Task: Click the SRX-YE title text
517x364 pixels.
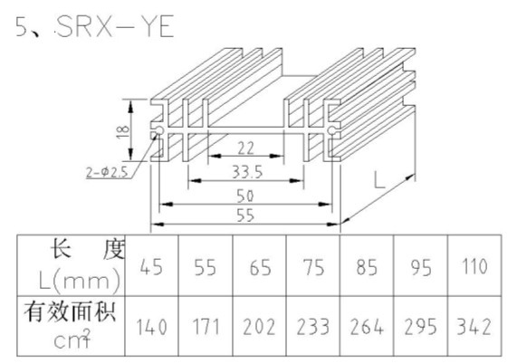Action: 115,26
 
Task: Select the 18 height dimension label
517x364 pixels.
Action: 123,131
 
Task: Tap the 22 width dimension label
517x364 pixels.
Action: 246,148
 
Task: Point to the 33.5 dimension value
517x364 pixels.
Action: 247,172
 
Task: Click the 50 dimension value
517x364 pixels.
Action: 245,196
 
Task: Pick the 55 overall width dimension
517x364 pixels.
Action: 245,216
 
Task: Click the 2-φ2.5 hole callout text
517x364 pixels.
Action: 107,172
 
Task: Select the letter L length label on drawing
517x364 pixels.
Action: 379,180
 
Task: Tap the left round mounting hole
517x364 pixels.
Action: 159,130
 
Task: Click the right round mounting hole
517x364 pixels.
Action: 331,130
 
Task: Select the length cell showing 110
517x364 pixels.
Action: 474,266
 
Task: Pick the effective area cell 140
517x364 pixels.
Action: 152,327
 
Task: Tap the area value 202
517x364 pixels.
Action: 259,327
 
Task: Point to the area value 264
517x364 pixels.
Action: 367,327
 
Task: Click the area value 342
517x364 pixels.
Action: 474,327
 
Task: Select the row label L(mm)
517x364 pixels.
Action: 79,282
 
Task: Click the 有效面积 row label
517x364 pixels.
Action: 70,311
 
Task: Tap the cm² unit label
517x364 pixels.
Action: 72,339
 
